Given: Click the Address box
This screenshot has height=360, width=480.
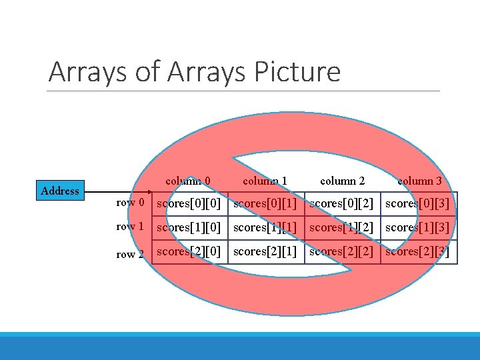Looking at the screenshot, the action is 60,191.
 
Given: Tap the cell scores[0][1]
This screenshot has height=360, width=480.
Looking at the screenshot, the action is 265,203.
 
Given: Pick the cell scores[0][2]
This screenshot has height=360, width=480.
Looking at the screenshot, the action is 341,203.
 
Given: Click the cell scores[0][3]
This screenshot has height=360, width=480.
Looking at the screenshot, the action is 418,203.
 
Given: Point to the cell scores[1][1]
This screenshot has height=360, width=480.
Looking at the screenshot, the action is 265,227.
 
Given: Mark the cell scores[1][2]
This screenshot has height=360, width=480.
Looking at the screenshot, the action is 341,227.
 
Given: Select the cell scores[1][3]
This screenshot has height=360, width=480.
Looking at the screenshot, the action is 418,227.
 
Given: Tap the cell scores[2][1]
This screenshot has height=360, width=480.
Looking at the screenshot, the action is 265,251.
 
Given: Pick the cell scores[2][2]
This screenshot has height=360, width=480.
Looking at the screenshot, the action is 341,251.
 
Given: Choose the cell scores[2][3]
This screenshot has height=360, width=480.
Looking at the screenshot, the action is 418,251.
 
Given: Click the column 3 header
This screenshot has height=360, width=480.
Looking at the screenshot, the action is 419,181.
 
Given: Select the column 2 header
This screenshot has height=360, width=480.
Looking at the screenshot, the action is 343,181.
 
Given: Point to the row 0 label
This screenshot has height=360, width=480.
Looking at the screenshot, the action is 130,203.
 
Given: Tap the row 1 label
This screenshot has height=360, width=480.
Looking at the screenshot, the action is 130,227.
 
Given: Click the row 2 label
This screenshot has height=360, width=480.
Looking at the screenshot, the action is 130,254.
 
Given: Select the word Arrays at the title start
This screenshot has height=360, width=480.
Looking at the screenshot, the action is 87,71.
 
